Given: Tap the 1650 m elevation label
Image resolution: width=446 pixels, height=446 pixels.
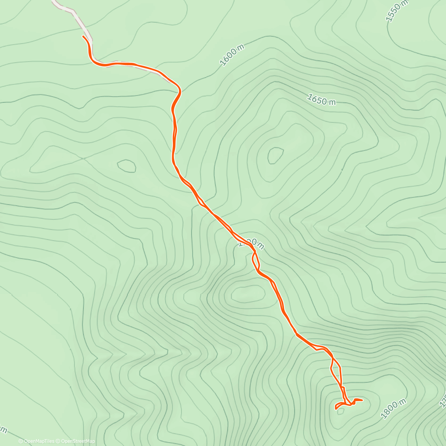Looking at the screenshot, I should [x=321, y=100].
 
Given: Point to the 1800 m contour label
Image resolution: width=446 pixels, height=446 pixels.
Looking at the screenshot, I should [x=394, y=409].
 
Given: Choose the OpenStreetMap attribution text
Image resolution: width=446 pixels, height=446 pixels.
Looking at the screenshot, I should [x=78, y=441].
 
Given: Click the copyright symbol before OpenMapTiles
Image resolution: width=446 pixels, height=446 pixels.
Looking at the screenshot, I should [x=21, y=441].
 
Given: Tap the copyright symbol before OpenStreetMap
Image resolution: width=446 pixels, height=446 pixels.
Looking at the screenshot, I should [x=58, y=441].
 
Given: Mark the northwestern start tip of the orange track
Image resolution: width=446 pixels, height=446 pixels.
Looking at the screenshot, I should [x=83, y=36].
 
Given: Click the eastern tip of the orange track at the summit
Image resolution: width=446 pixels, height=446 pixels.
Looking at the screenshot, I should [x=362, y=400].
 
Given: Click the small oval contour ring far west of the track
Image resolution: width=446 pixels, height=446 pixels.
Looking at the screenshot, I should [x=126, y=165].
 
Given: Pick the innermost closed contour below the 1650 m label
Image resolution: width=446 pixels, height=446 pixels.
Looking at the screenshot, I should [x=275, y=155].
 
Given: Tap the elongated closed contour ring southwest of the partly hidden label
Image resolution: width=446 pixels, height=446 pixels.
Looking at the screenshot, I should [x=248, y=294].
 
